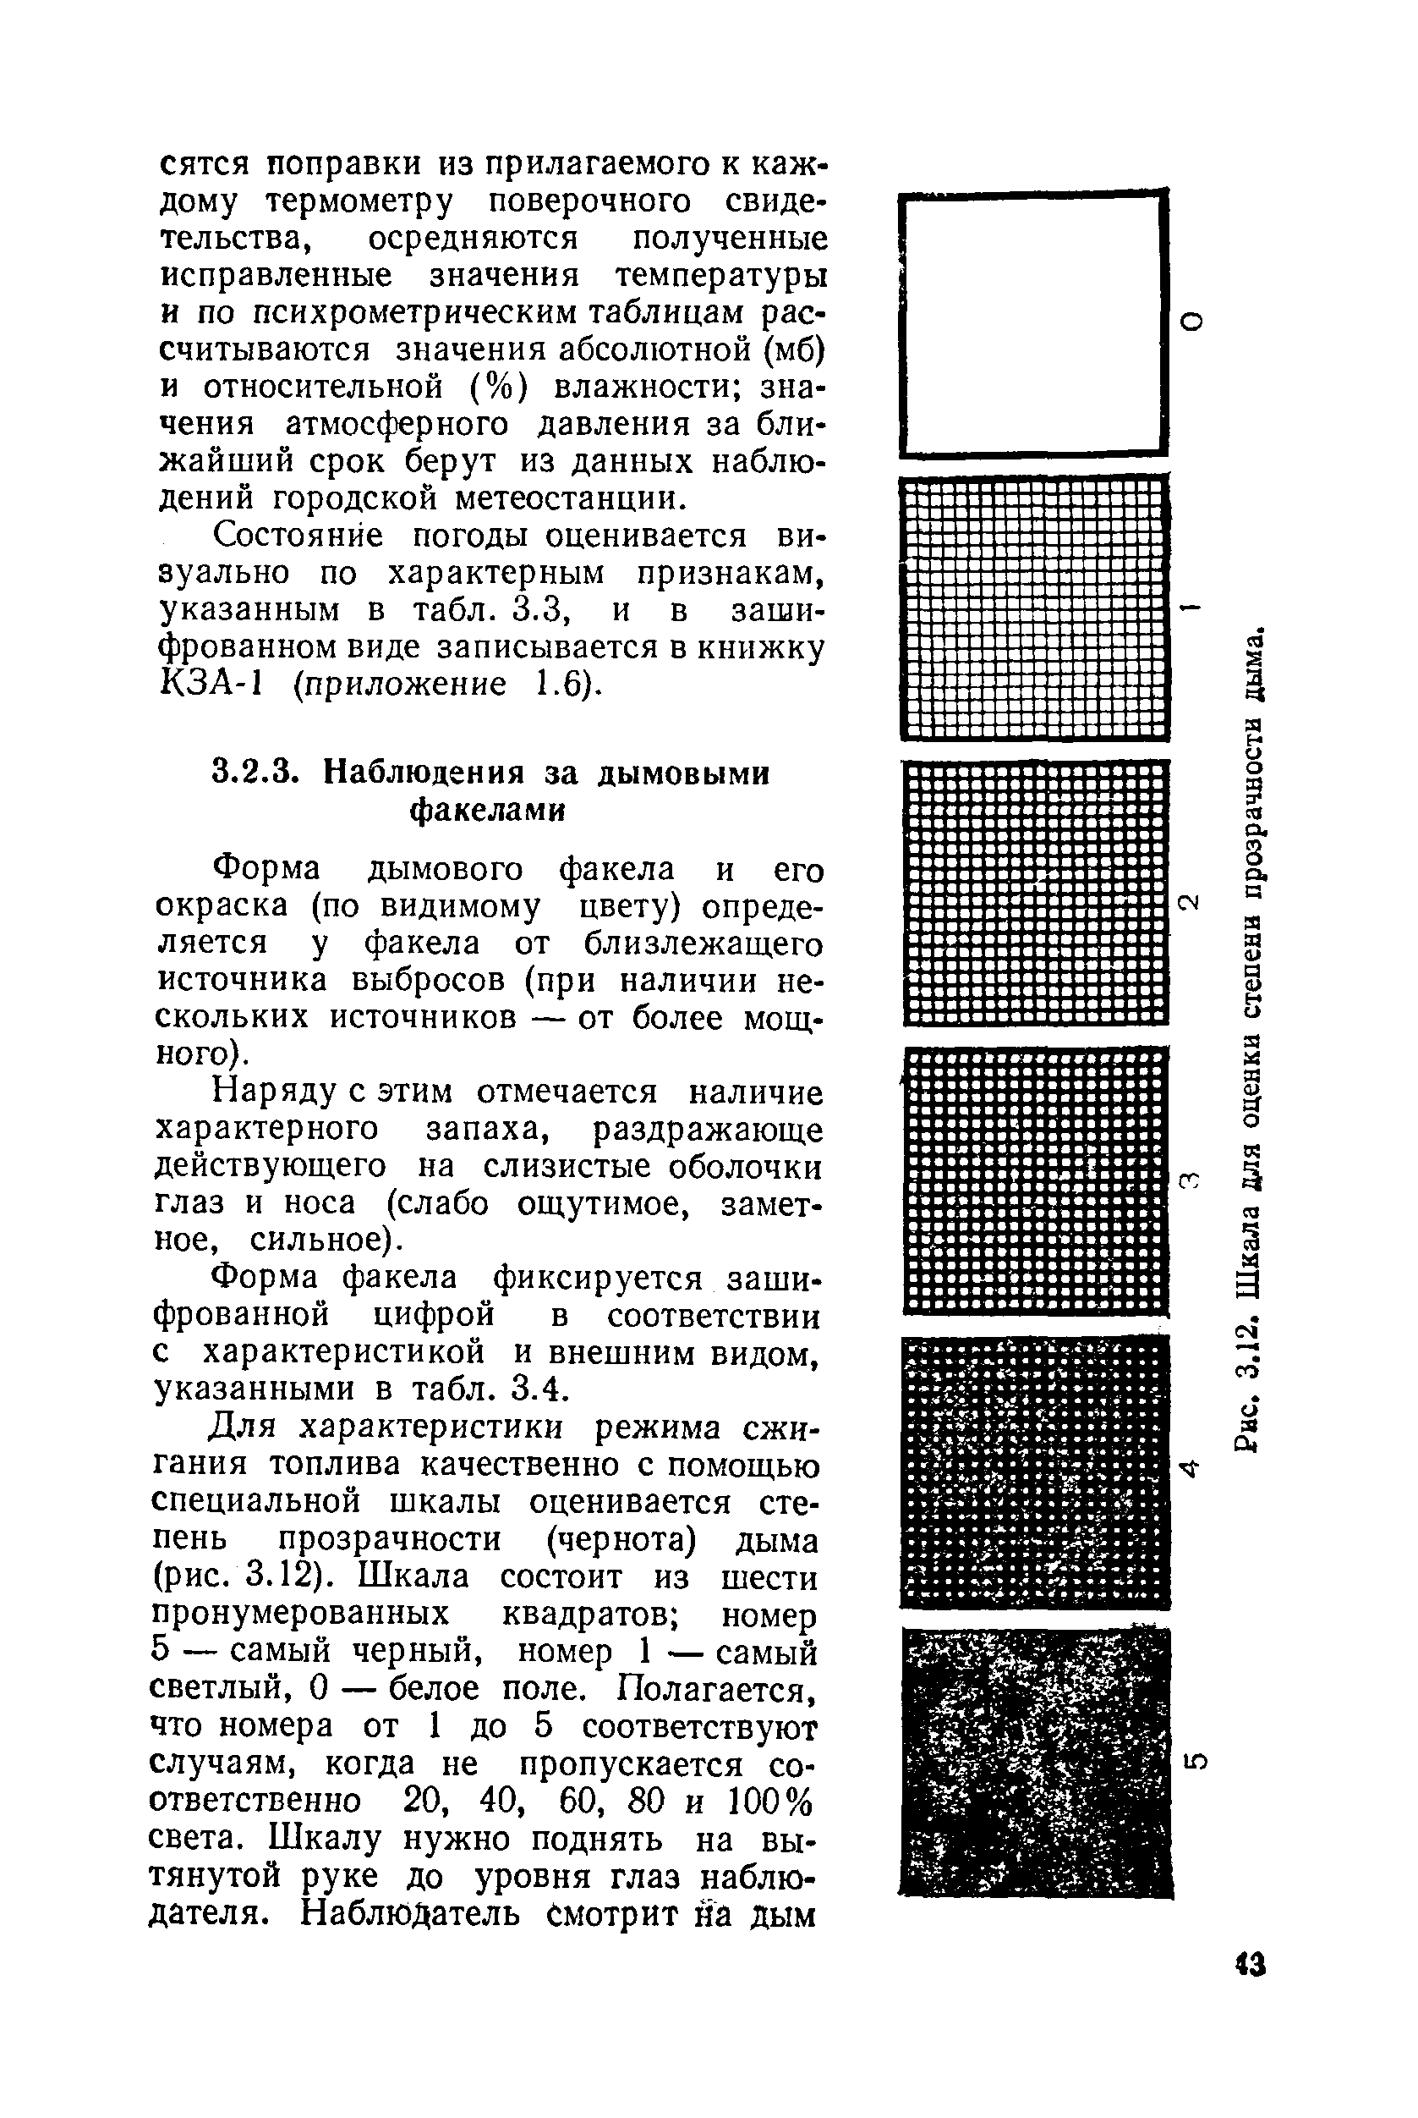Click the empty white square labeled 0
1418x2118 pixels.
coord(1031,324)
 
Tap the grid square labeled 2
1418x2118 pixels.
coord(1036,893)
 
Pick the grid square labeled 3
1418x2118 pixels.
coord(1036,1180)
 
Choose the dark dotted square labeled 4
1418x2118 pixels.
coord(1036,1470)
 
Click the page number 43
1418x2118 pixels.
coord(1251,1964)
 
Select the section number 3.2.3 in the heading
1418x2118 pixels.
coord(255,773)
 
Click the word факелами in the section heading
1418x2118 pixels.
coord(489,811)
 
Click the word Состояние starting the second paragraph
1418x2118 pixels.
coord(298,536)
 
